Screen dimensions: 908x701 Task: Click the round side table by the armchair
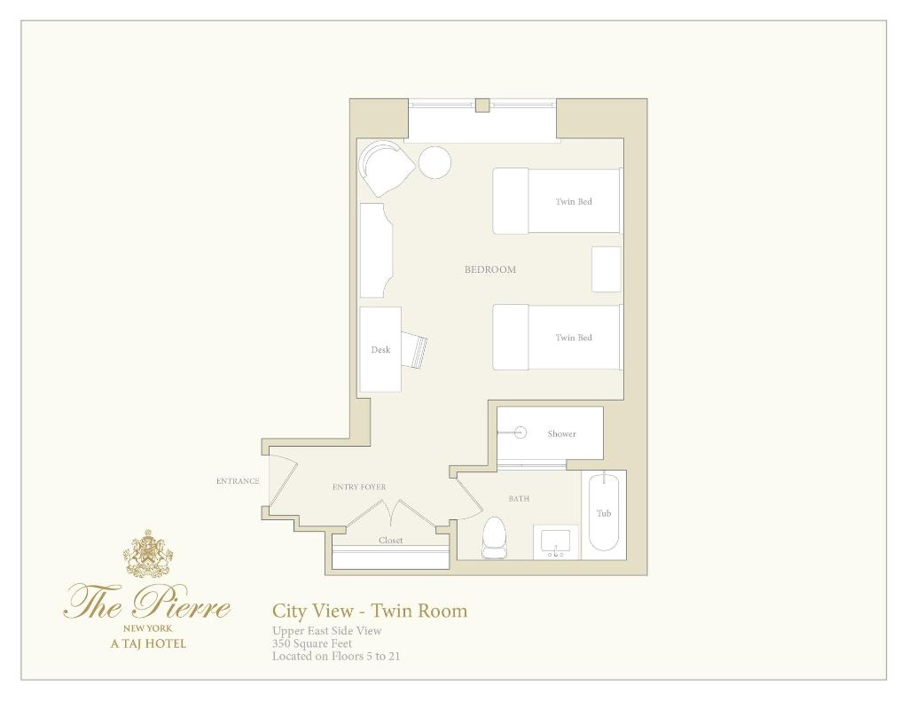434,163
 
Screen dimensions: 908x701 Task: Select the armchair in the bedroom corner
385,167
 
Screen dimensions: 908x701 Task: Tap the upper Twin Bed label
574,201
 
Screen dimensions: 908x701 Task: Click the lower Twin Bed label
574,338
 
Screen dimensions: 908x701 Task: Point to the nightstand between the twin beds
607,269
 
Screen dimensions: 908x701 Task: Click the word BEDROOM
489,269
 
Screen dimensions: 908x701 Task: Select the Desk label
380,350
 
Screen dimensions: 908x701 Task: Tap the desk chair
415,350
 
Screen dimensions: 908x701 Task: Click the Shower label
561,433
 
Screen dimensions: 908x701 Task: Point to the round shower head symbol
521,432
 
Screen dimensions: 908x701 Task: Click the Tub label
604,513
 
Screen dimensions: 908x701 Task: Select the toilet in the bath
494,537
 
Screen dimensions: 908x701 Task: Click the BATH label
519,498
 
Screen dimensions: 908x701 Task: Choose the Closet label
391,540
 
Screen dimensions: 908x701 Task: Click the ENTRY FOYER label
359,487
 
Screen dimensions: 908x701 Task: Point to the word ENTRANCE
238,481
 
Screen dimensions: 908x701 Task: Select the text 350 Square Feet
312,643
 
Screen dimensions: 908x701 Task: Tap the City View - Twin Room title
370,611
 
